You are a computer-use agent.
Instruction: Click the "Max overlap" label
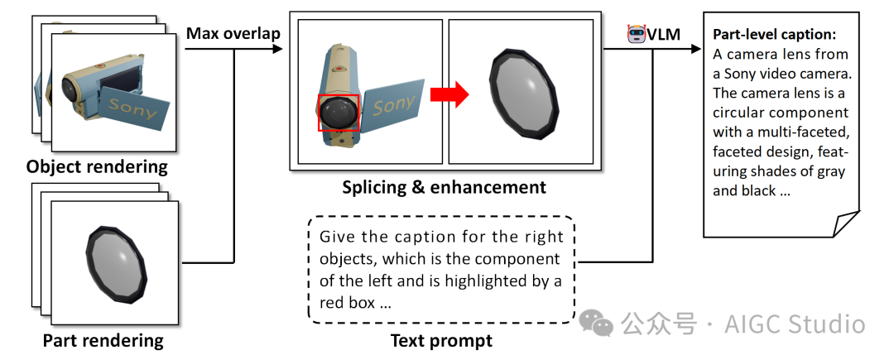(233, 33)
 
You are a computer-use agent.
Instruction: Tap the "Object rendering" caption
(97, 167)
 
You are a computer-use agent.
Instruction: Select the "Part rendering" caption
(103, 340)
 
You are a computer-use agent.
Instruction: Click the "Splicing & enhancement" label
(444, 187)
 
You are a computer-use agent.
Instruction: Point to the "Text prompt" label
(441, 340)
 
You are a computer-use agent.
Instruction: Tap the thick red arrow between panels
(450, 95)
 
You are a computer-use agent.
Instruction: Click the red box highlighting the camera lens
(339, 113)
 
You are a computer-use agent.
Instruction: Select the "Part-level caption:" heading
(774, 36)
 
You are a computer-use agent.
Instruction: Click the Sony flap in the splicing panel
(394, 105)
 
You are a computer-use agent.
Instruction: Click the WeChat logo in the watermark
(596, 323)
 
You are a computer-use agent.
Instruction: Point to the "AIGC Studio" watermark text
(795, 324)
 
